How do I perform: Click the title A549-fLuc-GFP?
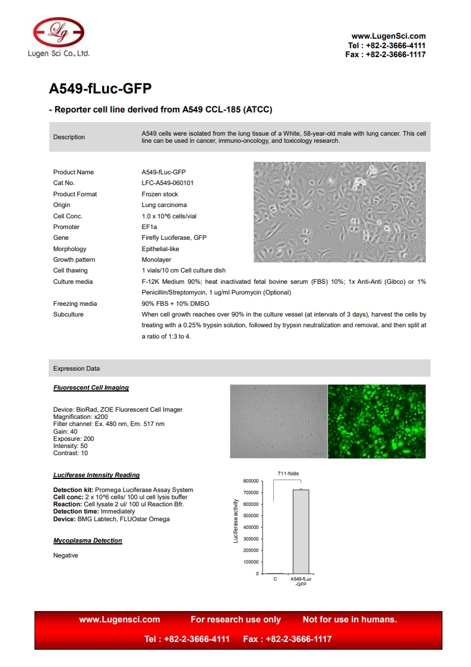100,89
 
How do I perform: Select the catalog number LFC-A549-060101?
167,183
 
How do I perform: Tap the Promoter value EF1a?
149,227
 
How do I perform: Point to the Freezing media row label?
75,304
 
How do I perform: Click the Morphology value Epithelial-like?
160,249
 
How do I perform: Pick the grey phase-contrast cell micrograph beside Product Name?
339,212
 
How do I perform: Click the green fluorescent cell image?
377,421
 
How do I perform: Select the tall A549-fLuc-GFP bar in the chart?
301,531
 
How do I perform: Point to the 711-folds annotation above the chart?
288,474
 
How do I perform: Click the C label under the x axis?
275,579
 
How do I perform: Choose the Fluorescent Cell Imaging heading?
91,387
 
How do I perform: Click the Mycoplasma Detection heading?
87,541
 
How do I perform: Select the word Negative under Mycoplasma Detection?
65,556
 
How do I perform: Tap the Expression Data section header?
77,369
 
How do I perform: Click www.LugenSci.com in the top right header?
388,36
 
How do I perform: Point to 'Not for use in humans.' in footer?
350,619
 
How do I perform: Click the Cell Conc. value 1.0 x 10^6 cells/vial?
173,217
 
